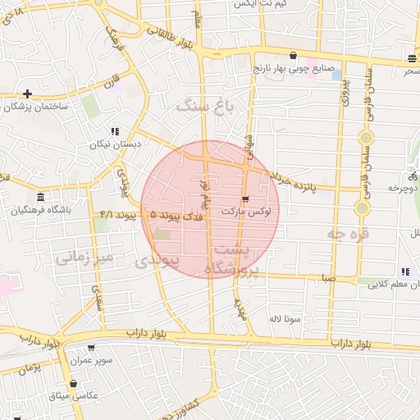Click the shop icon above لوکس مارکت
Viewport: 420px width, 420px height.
click(245, 199)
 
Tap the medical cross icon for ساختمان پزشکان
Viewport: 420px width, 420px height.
click(29, 94)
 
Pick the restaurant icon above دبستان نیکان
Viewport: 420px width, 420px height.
click(115, 131)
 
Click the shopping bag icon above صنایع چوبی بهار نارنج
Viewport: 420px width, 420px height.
click(293, 56)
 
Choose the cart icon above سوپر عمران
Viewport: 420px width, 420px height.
click(90, 348)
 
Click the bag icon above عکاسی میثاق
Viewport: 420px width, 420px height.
click(74, 383)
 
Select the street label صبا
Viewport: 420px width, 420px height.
click(328, 279)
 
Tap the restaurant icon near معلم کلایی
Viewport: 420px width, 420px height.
click(404, 272)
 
